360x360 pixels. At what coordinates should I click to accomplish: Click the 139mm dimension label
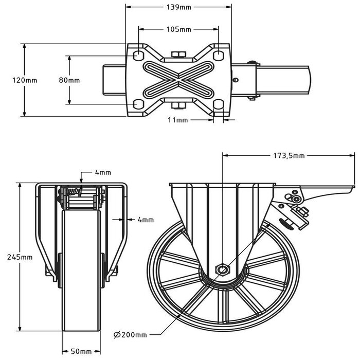pyautogui.click(x=178, y=7)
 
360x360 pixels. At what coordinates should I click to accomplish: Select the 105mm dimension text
pyautogui.click(x=178, y=29)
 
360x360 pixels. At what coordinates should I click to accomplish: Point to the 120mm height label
pyautogui.click(x=12, y=80)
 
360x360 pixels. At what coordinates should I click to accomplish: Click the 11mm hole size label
pyautogui.click(x=179, y=120)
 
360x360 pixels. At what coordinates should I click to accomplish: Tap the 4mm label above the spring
pyautogui.click(x=103, y=172)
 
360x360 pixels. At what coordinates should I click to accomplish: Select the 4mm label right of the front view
pyautogui.click(x=146, y=220)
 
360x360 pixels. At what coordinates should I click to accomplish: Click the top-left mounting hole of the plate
pyautogui.click(x=138, y=55)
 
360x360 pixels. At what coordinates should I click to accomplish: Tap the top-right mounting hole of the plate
pyautogui.click(x=219, y=55)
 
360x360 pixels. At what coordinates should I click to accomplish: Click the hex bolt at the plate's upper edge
pyautogui.click(x=178, y=55)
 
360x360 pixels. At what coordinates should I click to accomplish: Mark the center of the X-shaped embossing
pyautogui.click(x=178, y=80)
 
